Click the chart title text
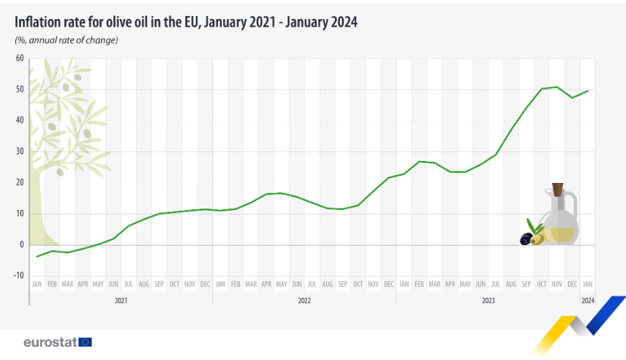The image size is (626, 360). click(186, 23)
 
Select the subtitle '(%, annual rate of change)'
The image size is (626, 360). click(67, 40)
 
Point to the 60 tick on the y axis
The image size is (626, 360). click(20, 59)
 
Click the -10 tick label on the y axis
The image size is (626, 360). click(19, 276)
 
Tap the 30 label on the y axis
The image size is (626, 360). click(20, 151)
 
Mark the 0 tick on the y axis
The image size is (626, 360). click(22, 244)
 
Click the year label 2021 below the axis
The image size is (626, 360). click(121, 301)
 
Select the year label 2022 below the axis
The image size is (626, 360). click(304, 301)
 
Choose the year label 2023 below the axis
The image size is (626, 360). click(488, 301)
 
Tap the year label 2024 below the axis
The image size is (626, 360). click(588, 301)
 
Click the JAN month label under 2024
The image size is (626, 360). click(588, 284)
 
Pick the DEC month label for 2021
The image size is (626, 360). click(205, 284)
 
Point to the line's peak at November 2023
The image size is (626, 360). click(557, 86)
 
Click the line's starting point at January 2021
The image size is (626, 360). click(37, 257)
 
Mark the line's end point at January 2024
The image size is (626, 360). click(588, 91)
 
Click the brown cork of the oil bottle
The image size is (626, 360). click(558, 190)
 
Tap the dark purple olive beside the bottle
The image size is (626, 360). click(527, 239)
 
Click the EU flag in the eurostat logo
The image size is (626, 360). click(85, 342)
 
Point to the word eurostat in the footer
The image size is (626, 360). click(50, 342)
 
